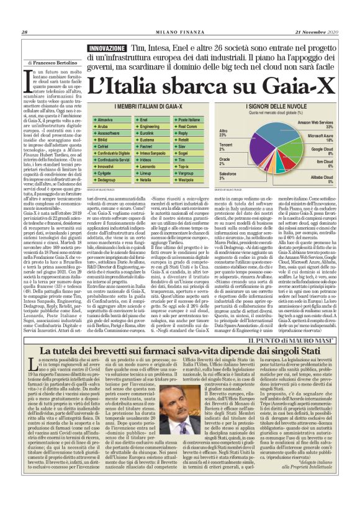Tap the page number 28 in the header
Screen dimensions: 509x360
pos(25,32)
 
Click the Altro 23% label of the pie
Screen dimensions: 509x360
pos(223,133)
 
